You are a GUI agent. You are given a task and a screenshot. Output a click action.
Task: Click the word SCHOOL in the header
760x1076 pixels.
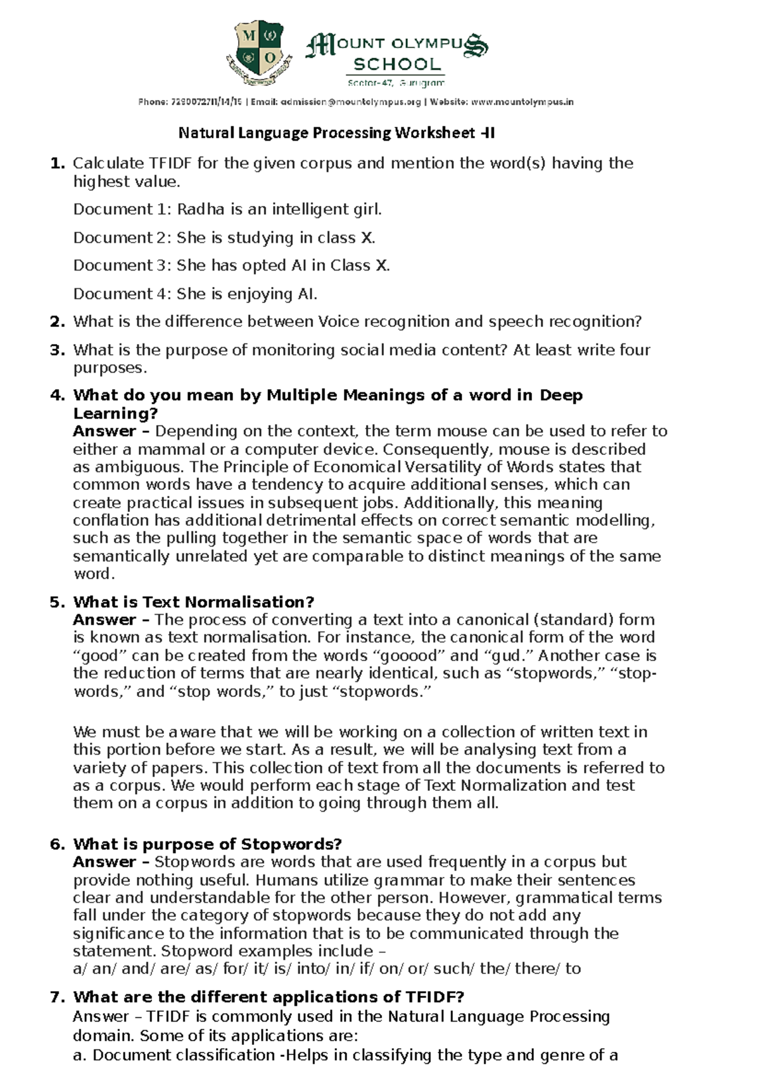click(397, 65)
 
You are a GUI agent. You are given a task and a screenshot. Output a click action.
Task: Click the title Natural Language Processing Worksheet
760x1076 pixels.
click(336, 133)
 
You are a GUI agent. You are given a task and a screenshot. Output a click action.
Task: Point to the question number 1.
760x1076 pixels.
click(58, 163)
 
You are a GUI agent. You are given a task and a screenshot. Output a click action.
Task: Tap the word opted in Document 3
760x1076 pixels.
click(264, 266)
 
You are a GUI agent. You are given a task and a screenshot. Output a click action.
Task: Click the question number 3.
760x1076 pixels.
click(58, 350)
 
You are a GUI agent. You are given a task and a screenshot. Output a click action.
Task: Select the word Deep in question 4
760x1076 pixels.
click(560, 395)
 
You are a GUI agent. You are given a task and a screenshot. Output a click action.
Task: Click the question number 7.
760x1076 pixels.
click(58, 997)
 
